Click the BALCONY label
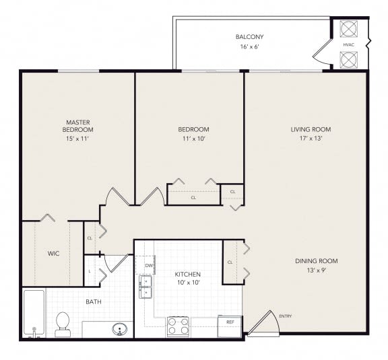249,36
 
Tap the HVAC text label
348,45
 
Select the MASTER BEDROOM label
77,125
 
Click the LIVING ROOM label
311,129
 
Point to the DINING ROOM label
315,261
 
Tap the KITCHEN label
188,275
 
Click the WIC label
54,254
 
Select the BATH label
93,301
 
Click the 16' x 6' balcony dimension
249,48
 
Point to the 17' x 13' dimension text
311,139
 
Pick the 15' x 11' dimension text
77,139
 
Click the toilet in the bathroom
63,323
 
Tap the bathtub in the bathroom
34,313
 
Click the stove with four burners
178,326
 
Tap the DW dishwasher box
147,265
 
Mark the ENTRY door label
285,316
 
